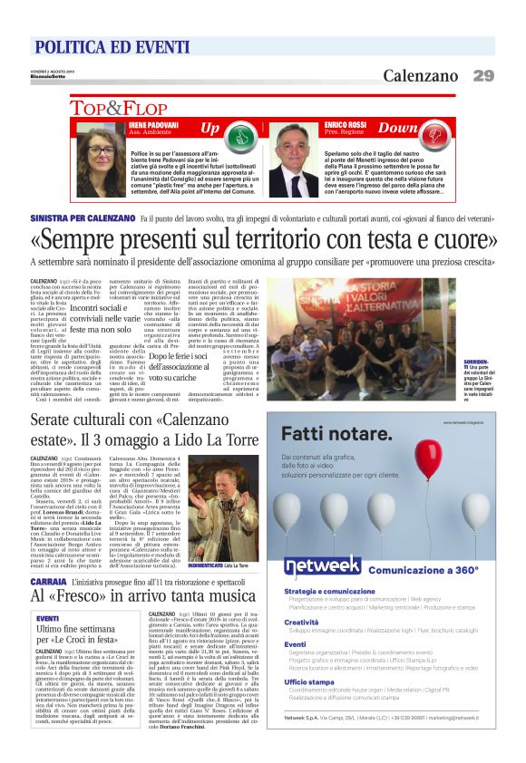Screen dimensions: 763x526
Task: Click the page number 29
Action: tap(482, 76)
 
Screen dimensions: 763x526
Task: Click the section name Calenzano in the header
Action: tap(420, 76)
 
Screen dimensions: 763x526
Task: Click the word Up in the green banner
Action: tap(209, 129)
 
